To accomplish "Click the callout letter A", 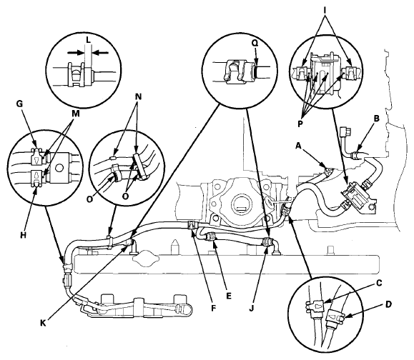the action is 298,146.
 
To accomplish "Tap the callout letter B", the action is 376,119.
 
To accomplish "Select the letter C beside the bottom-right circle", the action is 379,284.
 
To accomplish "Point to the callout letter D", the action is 388,304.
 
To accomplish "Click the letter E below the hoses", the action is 229,296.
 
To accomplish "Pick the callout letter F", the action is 213,308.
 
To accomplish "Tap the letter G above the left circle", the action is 19,104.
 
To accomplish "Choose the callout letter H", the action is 23,235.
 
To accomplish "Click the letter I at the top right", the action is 325,10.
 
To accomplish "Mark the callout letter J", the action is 251,308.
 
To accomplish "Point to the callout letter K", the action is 43,323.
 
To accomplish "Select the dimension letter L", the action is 88,40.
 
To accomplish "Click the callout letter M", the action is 76,114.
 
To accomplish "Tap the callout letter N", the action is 138,97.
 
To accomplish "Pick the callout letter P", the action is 300,124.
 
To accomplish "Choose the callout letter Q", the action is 255,44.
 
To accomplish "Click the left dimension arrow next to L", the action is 76,53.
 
